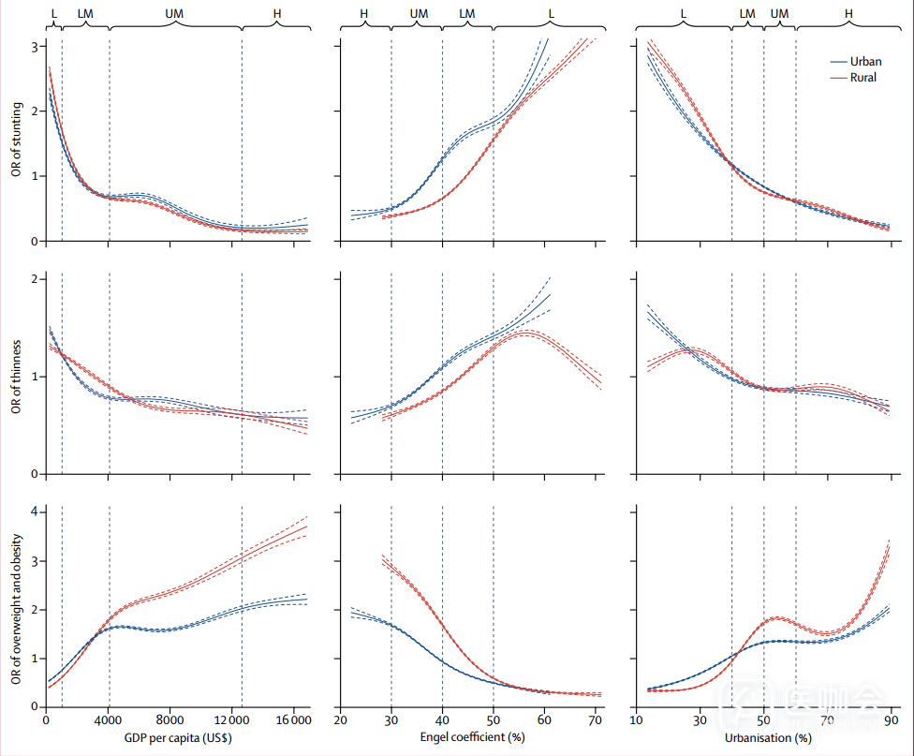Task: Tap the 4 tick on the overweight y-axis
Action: tap(35, 511)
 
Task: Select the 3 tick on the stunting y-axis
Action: tap(35, 46)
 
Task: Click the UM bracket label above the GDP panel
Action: tap(174, 14)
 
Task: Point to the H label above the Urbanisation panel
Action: tap(848, 14)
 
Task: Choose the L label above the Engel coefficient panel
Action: tap(551, 14)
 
